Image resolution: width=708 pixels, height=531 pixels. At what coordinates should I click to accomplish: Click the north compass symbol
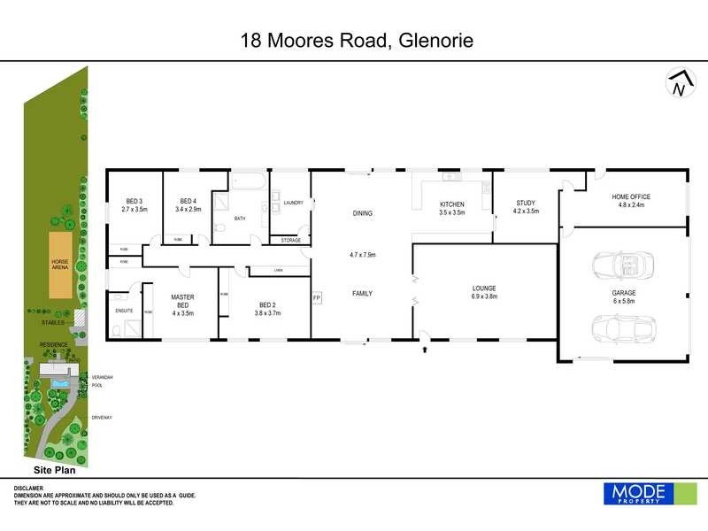(x=678, y=83)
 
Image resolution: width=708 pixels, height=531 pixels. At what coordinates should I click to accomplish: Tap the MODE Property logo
(x=637, y=493)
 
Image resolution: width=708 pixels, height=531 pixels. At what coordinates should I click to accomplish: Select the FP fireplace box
(x=317, y=299)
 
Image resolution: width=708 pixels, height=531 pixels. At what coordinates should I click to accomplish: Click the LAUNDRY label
(x=293, y=203)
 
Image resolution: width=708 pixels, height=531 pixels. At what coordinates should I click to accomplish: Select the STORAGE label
(x=290, y=240)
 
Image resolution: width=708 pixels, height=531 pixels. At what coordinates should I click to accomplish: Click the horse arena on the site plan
(x=59, y=265)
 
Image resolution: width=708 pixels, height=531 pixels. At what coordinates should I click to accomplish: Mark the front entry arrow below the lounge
(x=427, y=350)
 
